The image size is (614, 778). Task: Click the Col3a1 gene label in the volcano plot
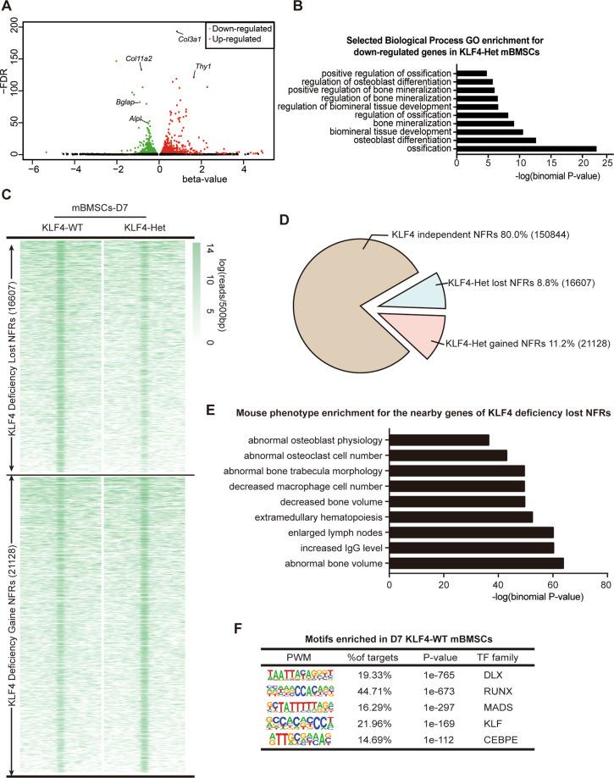tap(190, 39)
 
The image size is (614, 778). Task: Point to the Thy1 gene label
tap(203, 67)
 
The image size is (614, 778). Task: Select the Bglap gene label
tap(125, 102)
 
